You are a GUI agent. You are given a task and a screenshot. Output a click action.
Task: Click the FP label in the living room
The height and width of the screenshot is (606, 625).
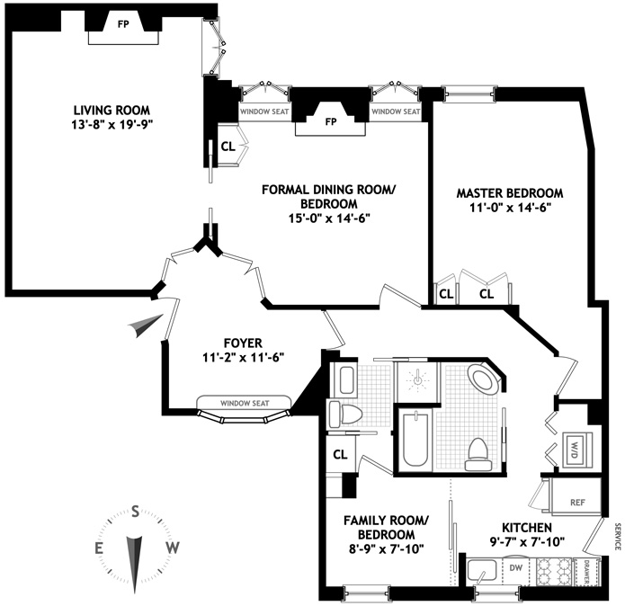[123, 23]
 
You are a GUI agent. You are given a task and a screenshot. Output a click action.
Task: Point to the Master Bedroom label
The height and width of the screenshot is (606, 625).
[509, 193]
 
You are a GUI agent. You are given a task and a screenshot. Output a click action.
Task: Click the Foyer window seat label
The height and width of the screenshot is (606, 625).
[244, 402]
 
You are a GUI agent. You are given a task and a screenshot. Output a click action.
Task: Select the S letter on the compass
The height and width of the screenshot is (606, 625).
[135, 511]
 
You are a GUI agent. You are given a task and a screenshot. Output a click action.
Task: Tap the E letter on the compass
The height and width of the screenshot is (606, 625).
[99, 548]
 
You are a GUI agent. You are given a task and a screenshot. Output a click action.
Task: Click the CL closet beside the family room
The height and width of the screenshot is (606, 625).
[340, 455]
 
